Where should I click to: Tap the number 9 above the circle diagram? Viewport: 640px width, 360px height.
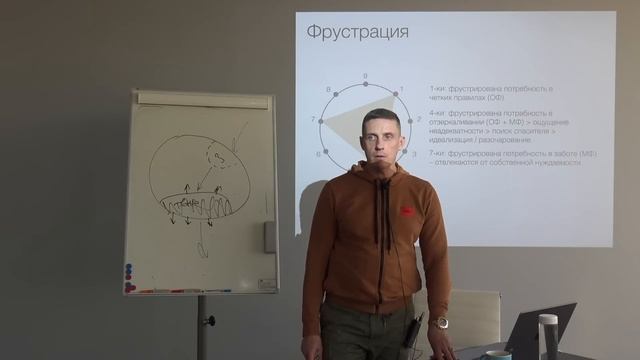(x=365, y=76)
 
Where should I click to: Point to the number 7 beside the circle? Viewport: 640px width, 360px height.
(x=314, y=120)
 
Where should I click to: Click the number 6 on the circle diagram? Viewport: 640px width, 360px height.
(x=319, y=155)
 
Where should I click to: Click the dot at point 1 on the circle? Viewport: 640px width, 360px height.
(x=396, y=95)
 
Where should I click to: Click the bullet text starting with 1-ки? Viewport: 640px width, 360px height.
(x=469, y=94)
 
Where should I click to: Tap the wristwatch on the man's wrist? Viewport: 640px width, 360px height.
(x=439, y=323)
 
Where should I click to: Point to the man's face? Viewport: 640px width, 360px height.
(x=382, y=138)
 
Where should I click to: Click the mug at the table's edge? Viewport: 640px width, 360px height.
(x=498, y=354)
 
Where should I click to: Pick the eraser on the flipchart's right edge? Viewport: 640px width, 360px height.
(x=270, y=237)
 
